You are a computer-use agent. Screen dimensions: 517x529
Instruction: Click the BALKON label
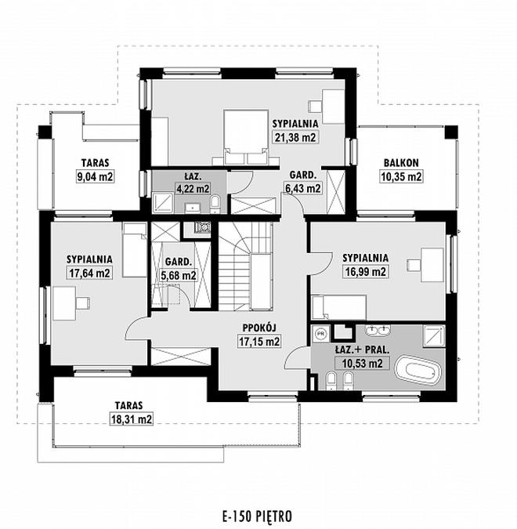pos(401,163)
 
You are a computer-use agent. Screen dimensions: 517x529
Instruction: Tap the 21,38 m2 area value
pos(295,137)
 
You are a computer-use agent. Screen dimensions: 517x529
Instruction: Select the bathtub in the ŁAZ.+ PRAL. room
pos(418,371)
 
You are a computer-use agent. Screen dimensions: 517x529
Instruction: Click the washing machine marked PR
pos(320,334)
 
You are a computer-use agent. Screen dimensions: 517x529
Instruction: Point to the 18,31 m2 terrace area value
pos(132,419)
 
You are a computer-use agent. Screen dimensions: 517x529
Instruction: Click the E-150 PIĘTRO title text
pos(257,516)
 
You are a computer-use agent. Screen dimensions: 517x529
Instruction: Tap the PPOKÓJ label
pos(259,328)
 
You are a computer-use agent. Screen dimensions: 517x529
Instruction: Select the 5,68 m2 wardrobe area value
pos(179,276)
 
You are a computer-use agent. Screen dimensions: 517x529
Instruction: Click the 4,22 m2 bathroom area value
pos(193,188)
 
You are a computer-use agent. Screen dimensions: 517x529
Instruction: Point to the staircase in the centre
pos(245,266)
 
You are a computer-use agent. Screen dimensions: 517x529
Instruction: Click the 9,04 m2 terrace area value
pos(95,176)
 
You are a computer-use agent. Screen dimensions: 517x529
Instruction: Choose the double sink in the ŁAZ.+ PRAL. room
pos(378,331)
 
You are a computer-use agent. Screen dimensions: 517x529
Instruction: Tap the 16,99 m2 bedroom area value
pos(365,272)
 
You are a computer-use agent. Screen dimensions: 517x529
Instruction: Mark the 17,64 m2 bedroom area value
pos(90,273)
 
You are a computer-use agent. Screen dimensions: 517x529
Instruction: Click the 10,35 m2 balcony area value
pos(401,176)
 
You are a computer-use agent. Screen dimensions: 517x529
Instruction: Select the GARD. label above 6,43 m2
pos(303,175)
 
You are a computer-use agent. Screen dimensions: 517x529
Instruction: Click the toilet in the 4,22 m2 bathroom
pos(215,205)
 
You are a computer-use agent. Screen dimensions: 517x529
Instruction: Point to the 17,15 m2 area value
pos(259,342)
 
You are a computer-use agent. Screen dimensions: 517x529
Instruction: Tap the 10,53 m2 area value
pos(362,364)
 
